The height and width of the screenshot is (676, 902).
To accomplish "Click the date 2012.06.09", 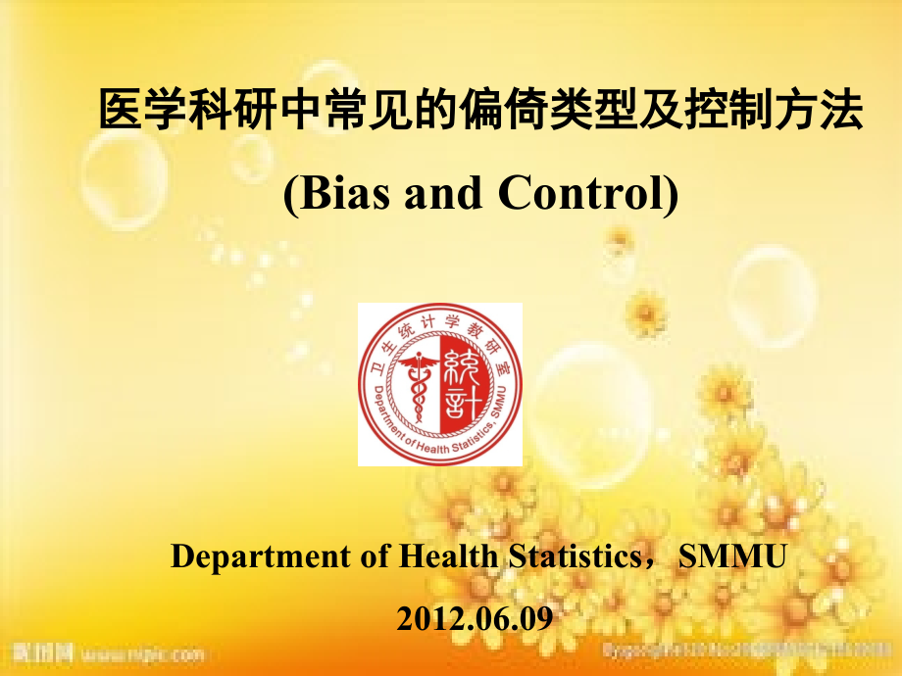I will click(475, 618).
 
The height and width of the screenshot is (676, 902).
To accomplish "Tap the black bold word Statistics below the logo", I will click(569, 556).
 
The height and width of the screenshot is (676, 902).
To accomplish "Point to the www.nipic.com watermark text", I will click(142, 652).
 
